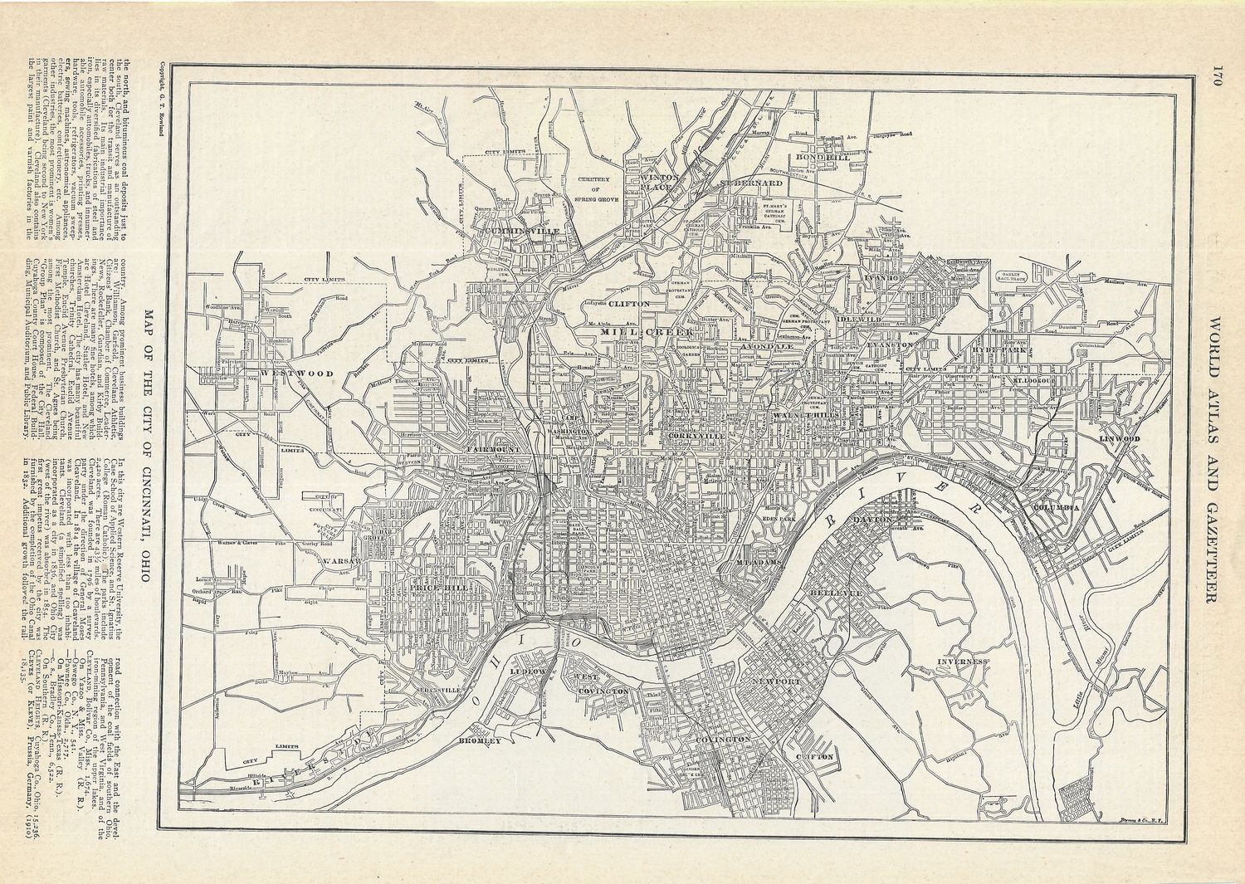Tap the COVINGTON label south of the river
tap(724, 738)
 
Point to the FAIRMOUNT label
tap(493, 449)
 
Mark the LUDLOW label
tap(530, 670)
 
